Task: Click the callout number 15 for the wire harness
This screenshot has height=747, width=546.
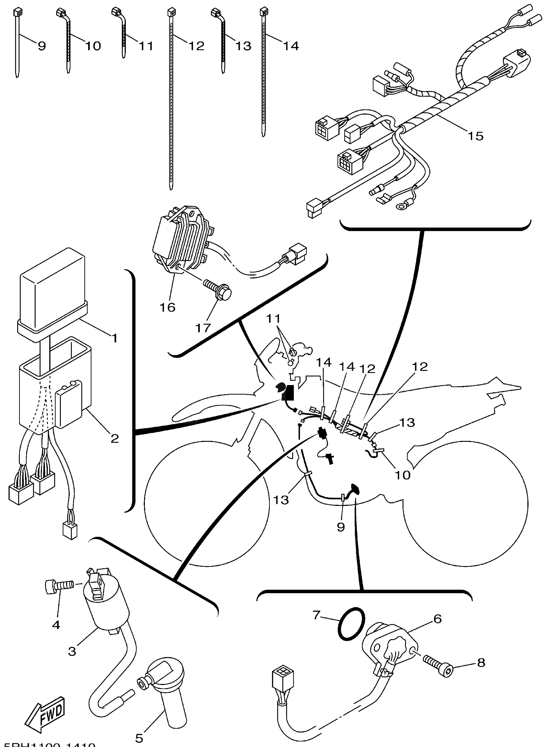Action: pos(476,136)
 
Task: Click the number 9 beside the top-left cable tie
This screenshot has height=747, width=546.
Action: pos(42,46)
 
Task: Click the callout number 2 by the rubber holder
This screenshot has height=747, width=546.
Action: pos(114,439)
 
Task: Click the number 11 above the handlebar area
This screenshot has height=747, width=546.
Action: pos(273,318)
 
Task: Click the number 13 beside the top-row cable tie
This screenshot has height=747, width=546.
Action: pos(244,46)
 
